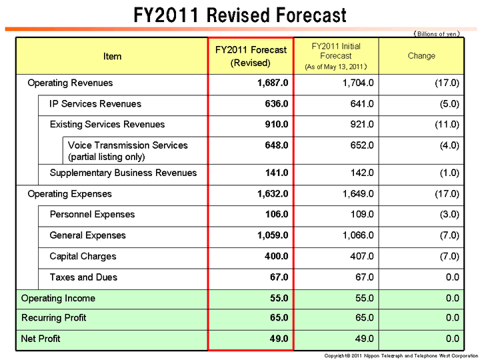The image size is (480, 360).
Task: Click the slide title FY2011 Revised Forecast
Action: [x=240, y=15]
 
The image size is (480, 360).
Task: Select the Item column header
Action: [x=113, y=56]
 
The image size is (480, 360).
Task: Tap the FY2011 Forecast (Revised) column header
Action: [x=251, y=56]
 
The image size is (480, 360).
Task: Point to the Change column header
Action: [x=421, y=56]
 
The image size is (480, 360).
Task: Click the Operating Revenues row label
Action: [x=70, y=83]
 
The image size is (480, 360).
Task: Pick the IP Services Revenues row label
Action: [x=95, y=103]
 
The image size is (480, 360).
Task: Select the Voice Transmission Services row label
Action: [x=128, y=145]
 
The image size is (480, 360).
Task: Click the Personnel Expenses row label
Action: [x=92, y=214]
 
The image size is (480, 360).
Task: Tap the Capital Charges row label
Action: [x=83, y=256]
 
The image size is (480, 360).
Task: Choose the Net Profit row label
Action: [x=41, y=339]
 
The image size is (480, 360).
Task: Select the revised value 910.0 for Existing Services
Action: [x=277, y=124]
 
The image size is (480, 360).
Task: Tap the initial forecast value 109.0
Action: [x=361, y=214]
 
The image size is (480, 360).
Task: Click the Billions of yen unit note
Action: [x=437, y=33]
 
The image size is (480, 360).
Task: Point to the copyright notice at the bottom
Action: [x=401, y=355]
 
